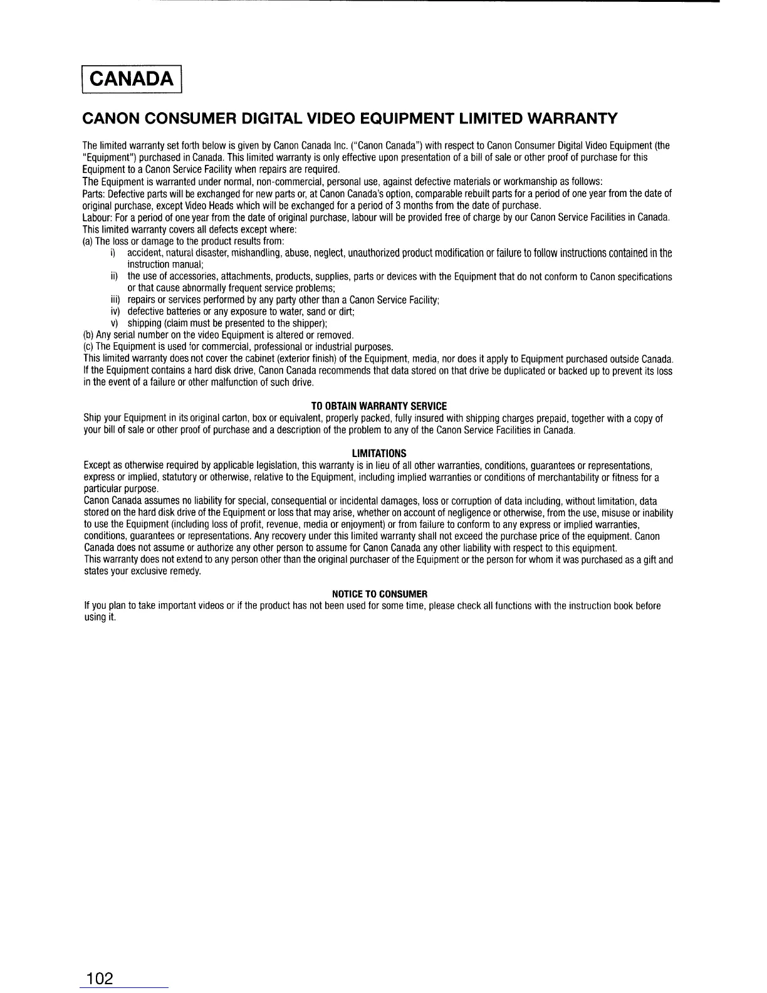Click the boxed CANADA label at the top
132,78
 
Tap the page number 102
100,977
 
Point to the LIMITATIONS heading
379,453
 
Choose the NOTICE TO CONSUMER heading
379,594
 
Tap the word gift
650,559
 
